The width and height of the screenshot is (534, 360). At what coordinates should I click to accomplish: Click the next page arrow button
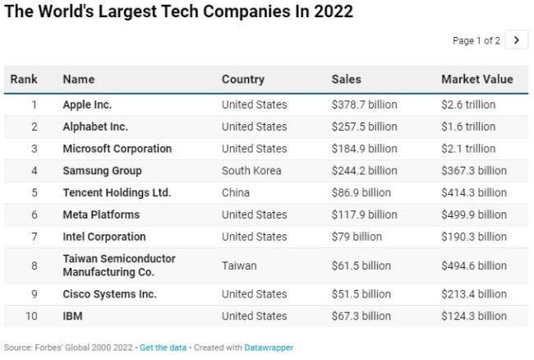[516, 40]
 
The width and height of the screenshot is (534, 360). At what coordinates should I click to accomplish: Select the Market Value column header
[476, 80]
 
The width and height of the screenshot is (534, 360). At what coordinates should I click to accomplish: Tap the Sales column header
[346, 80]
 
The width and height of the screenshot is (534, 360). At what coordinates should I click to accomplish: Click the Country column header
[243, 80]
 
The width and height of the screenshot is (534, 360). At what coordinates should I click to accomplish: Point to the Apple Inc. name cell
[87, 104]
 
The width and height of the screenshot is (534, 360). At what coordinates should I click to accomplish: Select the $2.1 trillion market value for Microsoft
[468, 149]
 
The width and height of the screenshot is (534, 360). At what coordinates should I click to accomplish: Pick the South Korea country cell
[251, 171]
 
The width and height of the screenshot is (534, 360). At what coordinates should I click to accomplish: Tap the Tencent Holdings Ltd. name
[117, 192]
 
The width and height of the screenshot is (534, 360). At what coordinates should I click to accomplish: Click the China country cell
[235, 192]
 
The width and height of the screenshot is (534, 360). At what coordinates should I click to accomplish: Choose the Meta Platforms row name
[101, 215]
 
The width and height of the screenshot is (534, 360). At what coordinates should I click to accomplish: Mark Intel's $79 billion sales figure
[357, 237]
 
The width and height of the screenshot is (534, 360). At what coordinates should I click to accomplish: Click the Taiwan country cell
[239, 265]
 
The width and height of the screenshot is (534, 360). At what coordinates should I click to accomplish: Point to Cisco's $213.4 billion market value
[474, 294]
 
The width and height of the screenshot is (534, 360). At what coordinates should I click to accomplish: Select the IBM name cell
[72, 316]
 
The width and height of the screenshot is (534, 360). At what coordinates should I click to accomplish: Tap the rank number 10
[34, 316]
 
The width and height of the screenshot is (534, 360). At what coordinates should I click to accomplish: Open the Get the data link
[163, 348]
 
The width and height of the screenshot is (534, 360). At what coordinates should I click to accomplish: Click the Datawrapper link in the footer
[269, 348]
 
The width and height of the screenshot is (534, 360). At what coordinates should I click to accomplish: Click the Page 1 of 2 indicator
[476, 40]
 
